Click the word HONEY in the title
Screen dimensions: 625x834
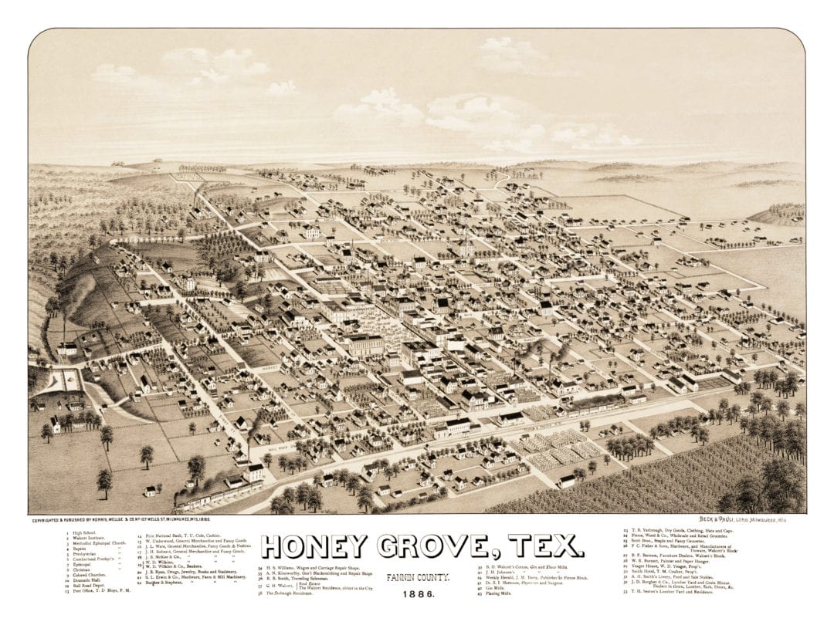point(313,546)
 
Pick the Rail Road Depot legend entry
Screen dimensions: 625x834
point(90,587)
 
